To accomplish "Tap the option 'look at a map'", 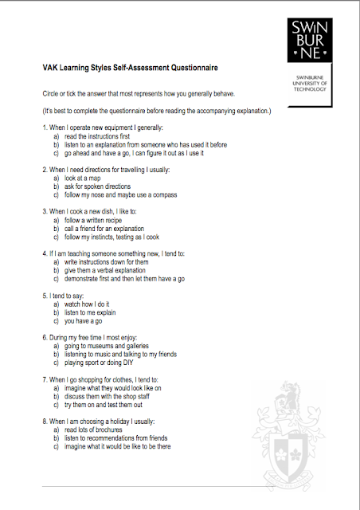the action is coord(83,179).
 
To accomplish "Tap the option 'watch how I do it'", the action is coord(88,304).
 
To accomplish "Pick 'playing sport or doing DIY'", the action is coord(103,362).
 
